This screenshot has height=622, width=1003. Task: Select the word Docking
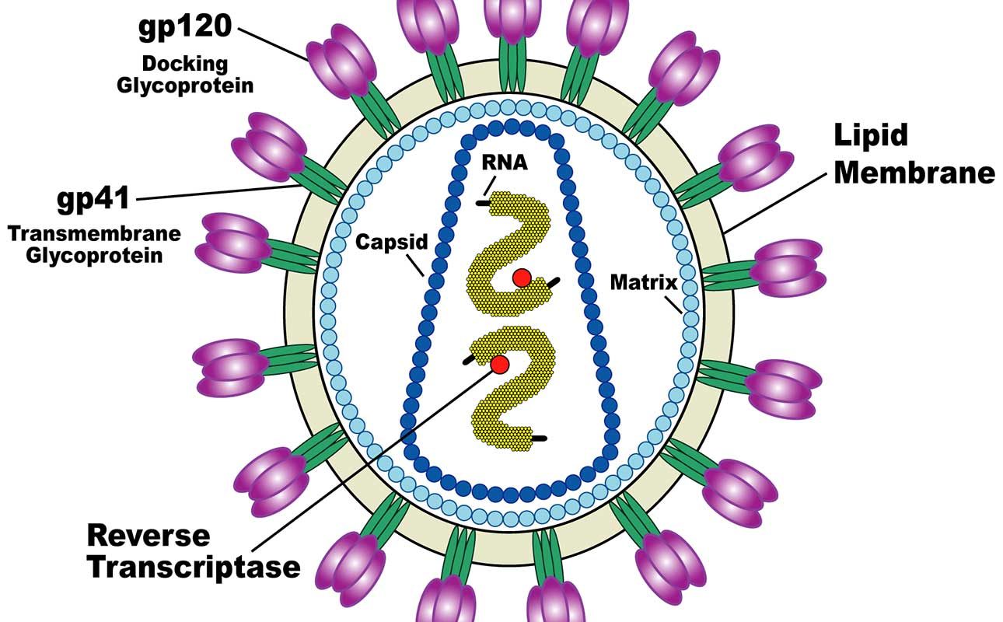[x=184, y=63]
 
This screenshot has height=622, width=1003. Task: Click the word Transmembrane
[x=93, y=233]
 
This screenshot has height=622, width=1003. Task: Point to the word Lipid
[x=871, y=135]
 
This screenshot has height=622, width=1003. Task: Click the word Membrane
[x=914, y=172]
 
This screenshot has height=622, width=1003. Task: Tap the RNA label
[x=505, y=162]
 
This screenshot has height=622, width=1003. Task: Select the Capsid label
[x=392, y=242]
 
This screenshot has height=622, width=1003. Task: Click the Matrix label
[x=644, y=281]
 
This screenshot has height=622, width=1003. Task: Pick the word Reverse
[x=149, y=535]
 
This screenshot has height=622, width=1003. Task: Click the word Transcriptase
[x=193, y=567]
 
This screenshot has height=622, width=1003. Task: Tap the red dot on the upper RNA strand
[x=522, y=278]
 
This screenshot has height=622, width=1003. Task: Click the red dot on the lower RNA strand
[x=500, y=364]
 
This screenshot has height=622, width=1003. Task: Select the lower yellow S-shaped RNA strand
[x=505, y=404]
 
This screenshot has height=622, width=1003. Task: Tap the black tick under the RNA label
[x=484, y=203]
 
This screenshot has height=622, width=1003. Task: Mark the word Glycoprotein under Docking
[x=185, y=85]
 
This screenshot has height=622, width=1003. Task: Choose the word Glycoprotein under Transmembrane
[x=94, y=255]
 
